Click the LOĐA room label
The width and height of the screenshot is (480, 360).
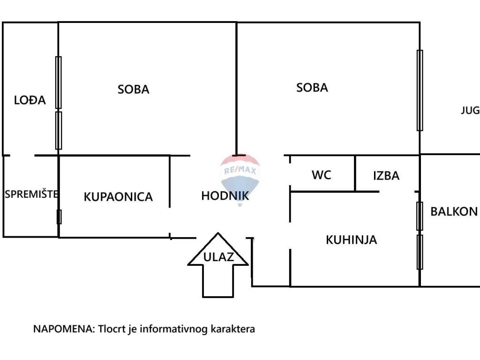click(30, 100)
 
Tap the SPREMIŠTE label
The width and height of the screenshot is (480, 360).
click(31, 194)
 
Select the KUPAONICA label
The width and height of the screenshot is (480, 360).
click(118, 197)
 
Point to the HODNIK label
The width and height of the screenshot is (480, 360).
click(225, 196)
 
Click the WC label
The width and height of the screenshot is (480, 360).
click(322, 175)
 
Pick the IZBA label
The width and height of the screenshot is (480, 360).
click(386, 176)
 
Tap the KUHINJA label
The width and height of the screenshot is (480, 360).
click(351, 240)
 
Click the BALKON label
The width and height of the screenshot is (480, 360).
click(454, 211)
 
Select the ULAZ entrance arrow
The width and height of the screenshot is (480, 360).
click(218, 265)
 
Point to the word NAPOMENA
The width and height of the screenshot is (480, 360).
click(64, 329)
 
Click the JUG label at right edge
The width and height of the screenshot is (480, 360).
click(471, 110)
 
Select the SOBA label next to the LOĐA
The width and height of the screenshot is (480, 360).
click(133, 90)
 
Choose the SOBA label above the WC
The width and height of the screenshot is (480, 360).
click(312, 88)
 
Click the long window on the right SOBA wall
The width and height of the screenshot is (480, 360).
click(420, 90)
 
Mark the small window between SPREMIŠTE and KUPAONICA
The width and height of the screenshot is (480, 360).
click(59, 217)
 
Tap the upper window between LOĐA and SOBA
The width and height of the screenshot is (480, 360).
click(59, 82)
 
